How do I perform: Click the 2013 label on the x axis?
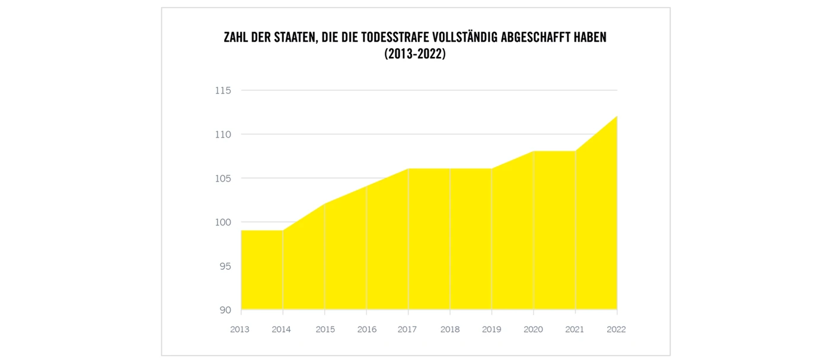[240, 329]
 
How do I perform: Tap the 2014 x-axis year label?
[282, 329]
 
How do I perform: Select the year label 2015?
[325, 329]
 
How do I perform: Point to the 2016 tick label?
[367, 329]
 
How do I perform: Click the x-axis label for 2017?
[408, 329]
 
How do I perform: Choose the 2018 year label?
[450, 329]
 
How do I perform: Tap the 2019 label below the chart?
[491, 329]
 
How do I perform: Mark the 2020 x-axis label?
[534, 329]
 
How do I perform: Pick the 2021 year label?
[575, 329]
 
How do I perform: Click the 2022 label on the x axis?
[616, 329]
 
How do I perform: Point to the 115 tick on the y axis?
[223, 91]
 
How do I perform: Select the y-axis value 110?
[223, 135]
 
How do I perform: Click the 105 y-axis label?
[223, 179]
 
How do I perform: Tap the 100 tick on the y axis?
[223, 222]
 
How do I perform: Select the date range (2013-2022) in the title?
[415, 55]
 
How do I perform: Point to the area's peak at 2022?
[617, 117]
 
